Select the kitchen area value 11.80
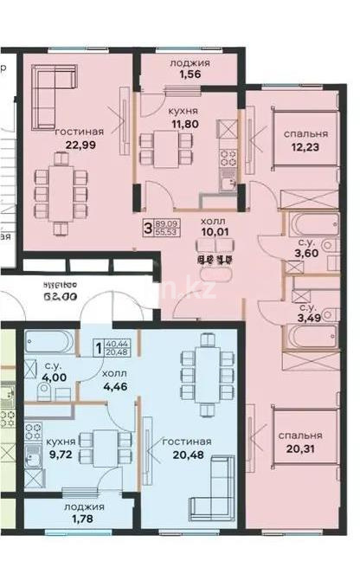183,126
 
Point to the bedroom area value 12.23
305,149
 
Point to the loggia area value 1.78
85,520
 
